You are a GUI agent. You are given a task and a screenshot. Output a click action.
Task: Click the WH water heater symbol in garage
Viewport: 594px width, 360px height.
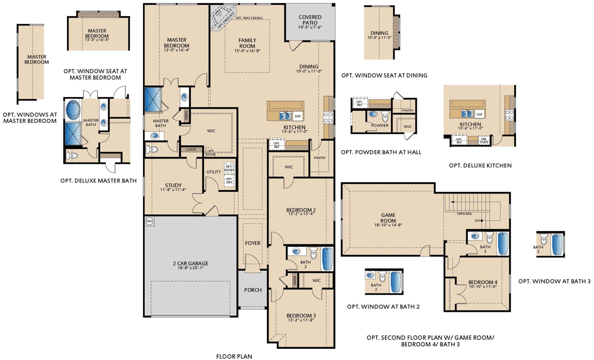tap(149, 221)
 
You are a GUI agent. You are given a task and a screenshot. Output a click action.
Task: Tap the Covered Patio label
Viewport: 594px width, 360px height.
tap(310, 20)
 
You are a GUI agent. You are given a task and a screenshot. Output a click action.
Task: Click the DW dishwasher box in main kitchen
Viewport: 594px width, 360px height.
tap(298, 116)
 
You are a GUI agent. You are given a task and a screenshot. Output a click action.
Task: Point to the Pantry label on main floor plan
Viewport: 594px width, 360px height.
tap(320, 158)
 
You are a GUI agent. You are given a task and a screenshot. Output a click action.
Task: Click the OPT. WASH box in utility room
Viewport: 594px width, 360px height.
tap(229, 169)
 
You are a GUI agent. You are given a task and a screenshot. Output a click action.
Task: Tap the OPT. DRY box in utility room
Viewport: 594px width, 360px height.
tap(229, 181)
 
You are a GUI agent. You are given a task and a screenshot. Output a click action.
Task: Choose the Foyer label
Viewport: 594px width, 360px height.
tap(253, 243)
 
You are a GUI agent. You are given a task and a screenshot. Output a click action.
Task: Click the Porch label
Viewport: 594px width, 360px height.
tap(253, 290)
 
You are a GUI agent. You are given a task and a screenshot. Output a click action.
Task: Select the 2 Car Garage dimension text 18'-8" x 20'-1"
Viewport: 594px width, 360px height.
tap(190, 268)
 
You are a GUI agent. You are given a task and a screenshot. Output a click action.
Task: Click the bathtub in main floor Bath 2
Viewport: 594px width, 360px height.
tap(327, 259)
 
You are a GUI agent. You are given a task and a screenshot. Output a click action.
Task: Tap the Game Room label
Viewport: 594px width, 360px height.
tap(388, 218)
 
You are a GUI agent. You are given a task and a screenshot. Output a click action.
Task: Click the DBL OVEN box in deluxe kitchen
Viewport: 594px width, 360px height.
tap(484, 141)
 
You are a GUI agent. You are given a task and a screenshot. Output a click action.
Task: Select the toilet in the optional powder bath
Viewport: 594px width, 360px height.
tap(385, 117)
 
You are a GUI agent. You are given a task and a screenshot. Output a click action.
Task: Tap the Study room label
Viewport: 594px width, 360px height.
tap(173, 185)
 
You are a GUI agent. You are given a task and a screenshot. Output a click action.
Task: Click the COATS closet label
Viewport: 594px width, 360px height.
tap(191, 149)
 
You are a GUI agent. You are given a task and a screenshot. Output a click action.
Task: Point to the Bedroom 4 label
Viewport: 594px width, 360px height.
tap(483, 282)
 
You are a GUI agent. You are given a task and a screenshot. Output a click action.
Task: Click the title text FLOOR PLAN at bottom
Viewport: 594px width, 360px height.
tap(234, 356)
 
